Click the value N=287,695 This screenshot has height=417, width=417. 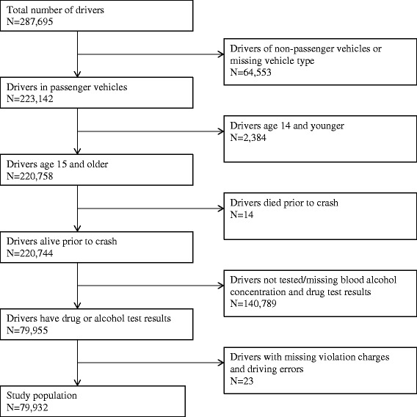tap(30, 21)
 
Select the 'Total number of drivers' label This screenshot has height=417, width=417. tap(55, 10)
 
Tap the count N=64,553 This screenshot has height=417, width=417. tap(250, 73)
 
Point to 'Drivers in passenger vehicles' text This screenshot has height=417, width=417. tap(67, 87)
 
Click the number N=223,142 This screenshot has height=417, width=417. tap(30, 98)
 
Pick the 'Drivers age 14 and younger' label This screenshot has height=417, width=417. tap(287, 126)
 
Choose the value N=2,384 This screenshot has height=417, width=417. tap(248, 137)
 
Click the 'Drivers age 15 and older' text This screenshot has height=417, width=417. tap(57, 164)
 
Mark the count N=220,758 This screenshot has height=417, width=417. tap(30, 176)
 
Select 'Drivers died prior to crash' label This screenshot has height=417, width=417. tap(284, 203)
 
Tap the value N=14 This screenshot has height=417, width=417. tap(242, 214)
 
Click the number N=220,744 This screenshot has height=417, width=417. tap(30, 253)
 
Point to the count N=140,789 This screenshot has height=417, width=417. tap(253, 303)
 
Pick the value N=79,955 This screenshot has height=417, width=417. tap(27, 330)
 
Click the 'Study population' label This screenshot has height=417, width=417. tap(42, 396)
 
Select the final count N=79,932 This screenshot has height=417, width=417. tap(27, 407)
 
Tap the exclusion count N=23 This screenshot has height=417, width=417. tap(242, 381)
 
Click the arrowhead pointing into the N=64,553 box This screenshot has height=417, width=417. tap(221, 54)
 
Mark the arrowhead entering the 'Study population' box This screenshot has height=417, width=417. tap(77, 382)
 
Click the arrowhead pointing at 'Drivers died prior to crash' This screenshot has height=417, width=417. tap(221, 208)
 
